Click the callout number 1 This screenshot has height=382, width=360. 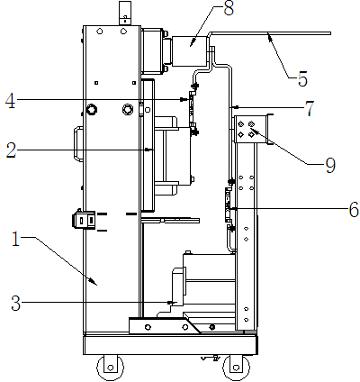pos(15,240)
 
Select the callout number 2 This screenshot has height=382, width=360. pos(12,150)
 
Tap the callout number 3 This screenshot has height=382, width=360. pos(15,303)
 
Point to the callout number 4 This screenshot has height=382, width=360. pos(10,101)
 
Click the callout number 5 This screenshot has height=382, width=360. pos(302,79)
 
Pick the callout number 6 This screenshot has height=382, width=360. pos(354,209)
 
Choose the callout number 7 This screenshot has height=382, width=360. pos(310,108)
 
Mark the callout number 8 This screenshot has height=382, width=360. pos(229,8)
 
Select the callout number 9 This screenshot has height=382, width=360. pos(330,165)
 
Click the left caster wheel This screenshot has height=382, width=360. pos(110,367)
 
